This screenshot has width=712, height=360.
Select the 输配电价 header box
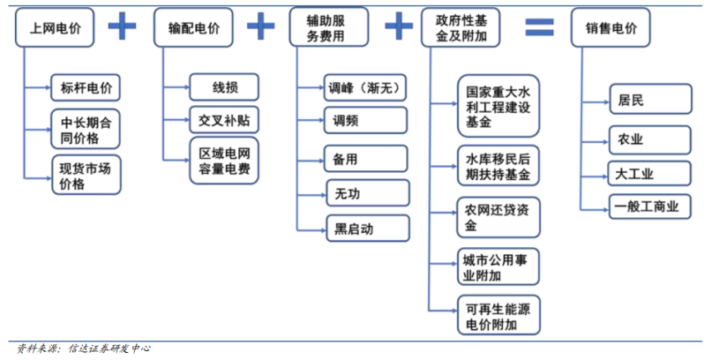click(194, 28)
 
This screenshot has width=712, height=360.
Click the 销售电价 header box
click(611, 28)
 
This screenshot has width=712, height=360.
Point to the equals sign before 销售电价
click(539, 27)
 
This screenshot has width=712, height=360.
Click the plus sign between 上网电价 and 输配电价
click(123, 26)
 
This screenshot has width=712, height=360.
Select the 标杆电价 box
click(85, 87)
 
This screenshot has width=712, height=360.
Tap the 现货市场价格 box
click(85, 173)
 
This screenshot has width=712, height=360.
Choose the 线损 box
click(224, 87)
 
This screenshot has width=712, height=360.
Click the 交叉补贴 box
click(224, 118)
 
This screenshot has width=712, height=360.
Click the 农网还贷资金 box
click(498, 219)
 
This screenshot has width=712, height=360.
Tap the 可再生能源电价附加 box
click(498, 317)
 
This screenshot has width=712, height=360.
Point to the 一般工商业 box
click(648, 207)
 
